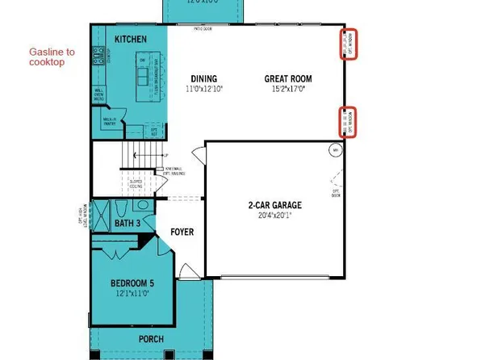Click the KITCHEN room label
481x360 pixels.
[130, 40]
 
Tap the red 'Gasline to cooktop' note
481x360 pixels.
[52, 57]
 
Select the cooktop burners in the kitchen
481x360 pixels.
[99, 55]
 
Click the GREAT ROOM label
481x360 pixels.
[288, 78]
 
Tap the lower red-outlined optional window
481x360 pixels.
[349, 122]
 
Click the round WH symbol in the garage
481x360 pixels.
[334, 150]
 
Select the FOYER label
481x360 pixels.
[182, 232]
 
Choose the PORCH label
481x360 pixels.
[150, 340]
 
